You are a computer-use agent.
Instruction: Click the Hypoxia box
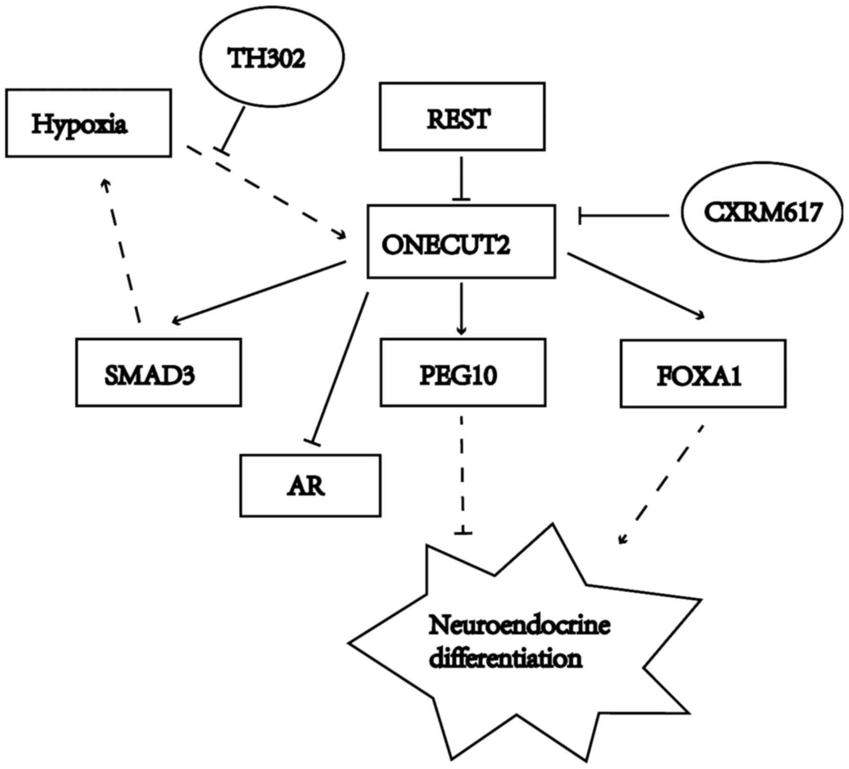[88, 123]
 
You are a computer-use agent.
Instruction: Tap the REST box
[462, 116]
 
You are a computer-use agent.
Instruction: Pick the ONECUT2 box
[461, 241]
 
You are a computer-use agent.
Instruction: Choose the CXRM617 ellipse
[761, 213]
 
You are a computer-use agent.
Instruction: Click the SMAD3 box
[158, 373]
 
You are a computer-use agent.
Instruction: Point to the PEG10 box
[463, 373]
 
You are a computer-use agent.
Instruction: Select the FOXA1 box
[703, 374]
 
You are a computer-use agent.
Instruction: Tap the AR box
[310, 486]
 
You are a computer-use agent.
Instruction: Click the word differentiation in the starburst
[505, 659]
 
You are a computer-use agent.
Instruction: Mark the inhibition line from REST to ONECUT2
[461, 178]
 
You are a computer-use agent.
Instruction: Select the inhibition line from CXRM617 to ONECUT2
[624, 215]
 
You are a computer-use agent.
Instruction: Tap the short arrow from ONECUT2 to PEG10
[462, 308]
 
